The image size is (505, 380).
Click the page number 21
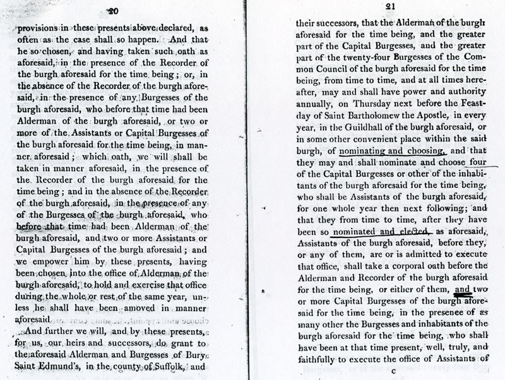[x=389, y=8]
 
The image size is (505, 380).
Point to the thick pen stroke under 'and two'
[x=464, y=293]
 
